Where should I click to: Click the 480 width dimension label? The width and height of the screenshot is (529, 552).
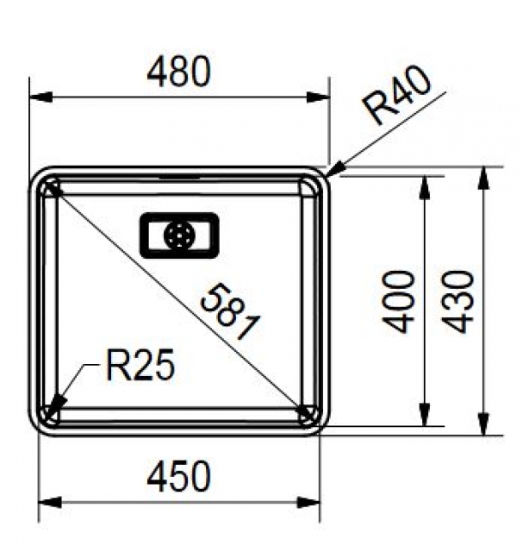point(178,72)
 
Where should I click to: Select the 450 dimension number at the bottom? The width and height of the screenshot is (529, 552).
point(178,476)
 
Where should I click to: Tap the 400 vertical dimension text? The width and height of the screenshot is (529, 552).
point(398,302)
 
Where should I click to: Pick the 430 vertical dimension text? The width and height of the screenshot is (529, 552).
point(458,302)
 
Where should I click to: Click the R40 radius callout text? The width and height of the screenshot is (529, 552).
point(396,95)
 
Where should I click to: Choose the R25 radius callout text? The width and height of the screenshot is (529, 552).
point(140,365)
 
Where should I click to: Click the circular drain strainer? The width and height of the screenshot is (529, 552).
point(178,235)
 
